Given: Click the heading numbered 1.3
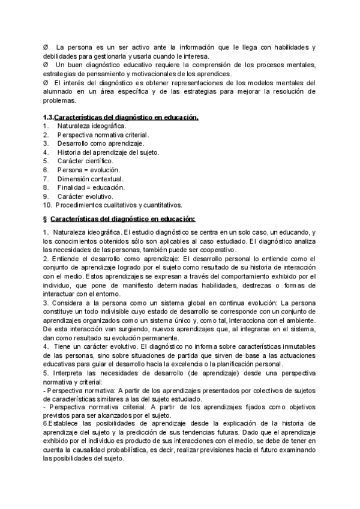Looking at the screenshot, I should pyautogui.click(x=121, y=118).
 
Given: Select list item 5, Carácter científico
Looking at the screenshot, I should pyautogui.click(x=85, y=161).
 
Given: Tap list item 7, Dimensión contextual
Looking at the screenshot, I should pyautogui.click(x=90, y=179).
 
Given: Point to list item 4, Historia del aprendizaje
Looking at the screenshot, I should pyautogui.click(x=108, y=152).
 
